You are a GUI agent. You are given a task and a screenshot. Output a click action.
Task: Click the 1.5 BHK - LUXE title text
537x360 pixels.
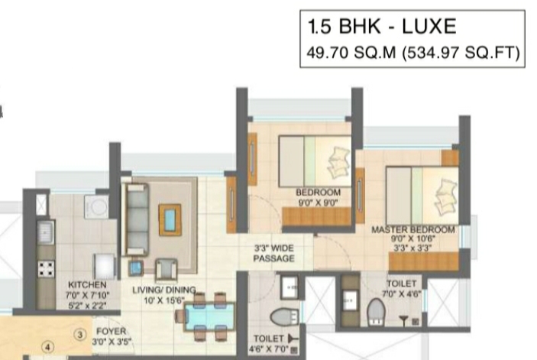coord(382,27)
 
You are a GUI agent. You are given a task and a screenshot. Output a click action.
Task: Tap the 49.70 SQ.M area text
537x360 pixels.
coord(351,53)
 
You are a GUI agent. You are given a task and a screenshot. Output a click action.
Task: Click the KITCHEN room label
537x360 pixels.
coord(87,285)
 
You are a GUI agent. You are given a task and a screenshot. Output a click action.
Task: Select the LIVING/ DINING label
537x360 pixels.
coord(164,290)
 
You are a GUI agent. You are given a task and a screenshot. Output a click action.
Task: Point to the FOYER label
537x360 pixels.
coord(112,332)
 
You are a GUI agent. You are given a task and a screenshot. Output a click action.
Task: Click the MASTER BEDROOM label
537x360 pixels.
coord(413,229)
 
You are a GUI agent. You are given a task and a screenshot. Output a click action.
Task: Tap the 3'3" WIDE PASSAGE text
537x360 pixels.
coord(274,253)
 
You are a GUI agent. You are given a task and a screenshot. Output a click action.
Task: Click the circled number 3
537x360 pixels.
coord(80,334)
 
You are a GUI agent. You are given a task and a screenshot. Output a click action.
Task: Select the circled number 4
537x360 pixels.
coord(48,347)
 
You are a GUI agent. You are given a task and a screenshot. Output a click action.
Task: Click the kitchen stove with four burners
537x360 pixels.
coord(46,269)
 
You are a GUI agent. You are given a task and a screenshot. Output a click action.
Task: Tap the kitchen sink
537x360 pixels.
coord(46,232)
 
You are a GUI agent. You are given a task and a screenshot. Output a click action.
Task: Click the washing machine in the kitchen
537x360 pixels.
coord(97,206)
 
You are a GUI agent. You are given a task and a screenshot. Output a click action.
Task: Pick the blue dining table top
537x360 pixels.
coord(209,316)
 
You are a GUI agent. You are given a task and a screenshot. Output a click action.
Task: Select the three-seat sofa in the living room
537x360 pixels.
coord(137,219)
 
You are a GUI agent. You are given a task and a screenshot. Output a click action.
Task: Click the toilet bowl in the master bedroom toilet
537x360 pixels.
coord(376,312)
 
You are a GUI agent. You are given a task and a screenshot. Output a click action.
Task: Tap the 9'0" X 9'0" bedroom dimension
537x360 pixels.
coord(319,203)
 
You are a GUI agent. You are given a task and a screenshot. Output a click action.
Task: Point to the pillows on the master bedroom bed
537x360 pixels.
coord(445,197)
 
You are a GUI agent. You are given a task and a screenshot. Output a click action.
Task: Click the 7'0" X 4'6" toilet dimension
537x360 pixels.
coord(401,294)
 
